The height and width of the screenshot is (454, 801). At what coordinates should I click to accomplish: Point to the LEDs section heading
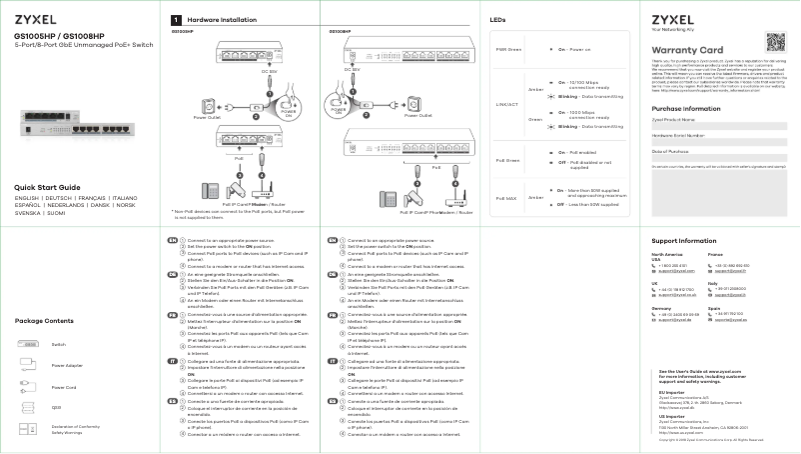tap(497, 20)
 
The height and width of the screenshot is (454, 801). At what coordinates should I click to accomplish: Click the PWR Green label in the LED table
tap(508, 49)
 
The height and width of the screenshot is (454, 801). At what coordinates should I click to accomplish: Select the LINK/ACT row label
tap(507, 103)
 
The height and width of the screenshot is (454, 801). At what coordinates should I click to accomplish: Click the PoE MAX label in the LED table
tap(507, 197)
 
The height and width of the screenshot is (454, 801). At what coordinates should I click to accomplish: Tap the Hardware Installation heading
tap(214, 20)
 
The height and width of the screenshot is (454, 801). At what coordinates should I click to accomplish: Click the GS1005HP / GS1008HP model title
tap(62, 35)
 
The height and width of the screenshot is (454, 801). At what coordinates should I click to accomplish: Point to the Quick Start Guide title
tap(47, 188)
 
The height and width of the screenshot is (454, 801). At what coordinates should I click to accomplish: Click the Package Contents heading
tap(45, 320)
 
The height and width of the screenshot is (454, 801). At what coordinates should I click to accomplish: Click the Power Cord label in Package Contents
tap(64, 387)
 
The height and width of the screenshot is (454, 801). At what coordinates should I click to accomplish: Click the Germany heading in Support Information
tap(661, 309)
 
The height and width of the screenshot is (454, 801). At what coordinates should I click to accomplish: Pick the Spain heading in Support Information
tap(713, 309)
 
